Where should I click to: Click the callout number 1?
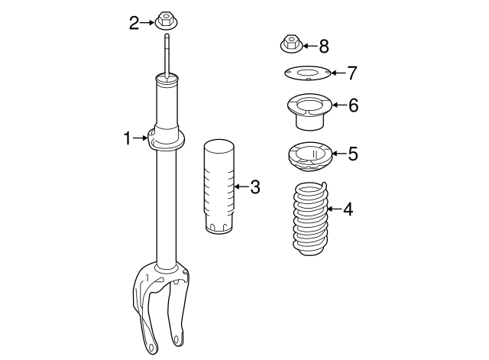point(128,138)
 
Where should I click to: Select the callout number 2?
point(134,23)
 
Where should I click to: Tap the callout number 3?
point(254,186)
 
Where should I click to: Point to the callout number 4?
point(348,209)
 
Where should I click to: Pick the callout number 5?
point(352,154)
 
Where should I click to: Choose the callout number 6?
point(352,105)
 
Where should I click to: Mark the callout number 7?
point(351,73)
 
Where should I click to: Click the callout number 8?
point(323,47)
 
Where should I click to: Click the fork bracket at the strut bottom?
point(157,306)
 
